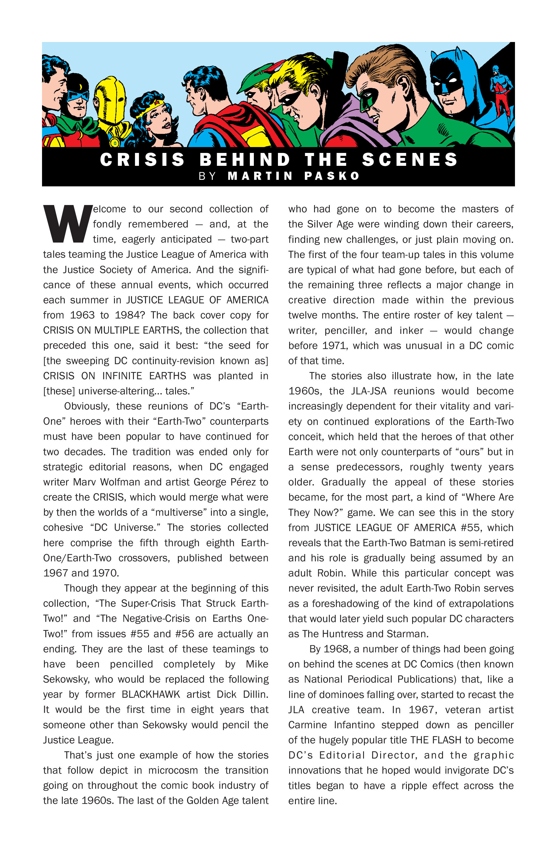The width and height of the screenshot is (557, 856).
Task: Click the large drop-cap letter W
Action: tap(67, 224)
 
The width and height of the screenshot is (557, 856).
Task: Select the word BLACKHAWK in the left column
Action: tap(151, 694)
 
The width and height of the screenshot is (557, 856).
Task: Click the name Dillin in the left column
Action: tap(256, 694)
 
